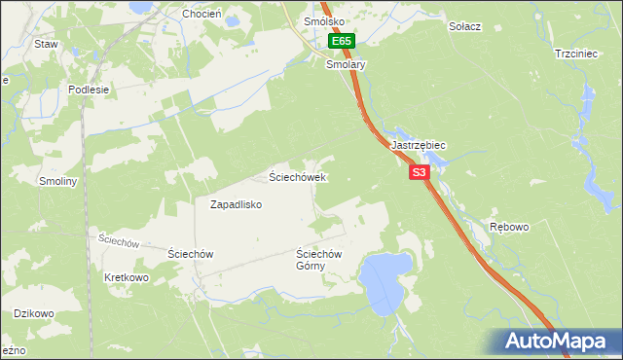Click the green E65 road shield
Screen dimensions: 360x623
tap(342, 42)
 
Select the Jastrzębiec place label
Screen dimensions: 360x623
tap(418, 145)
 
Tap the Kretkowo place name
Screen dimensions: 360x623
tap(126, 277)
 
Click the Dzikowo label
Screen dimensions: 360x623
tap(32, 313)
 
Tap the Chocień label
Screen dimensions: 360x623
tap(202, 15)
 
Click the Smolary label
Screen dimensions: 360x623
tap(345, 64)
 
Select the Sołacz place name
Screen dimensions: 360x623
tap(465, 26)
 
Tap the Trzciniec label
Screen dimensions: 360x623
tap(575, 54)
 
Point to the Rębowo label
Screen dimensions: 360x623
tap(509, 227)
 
